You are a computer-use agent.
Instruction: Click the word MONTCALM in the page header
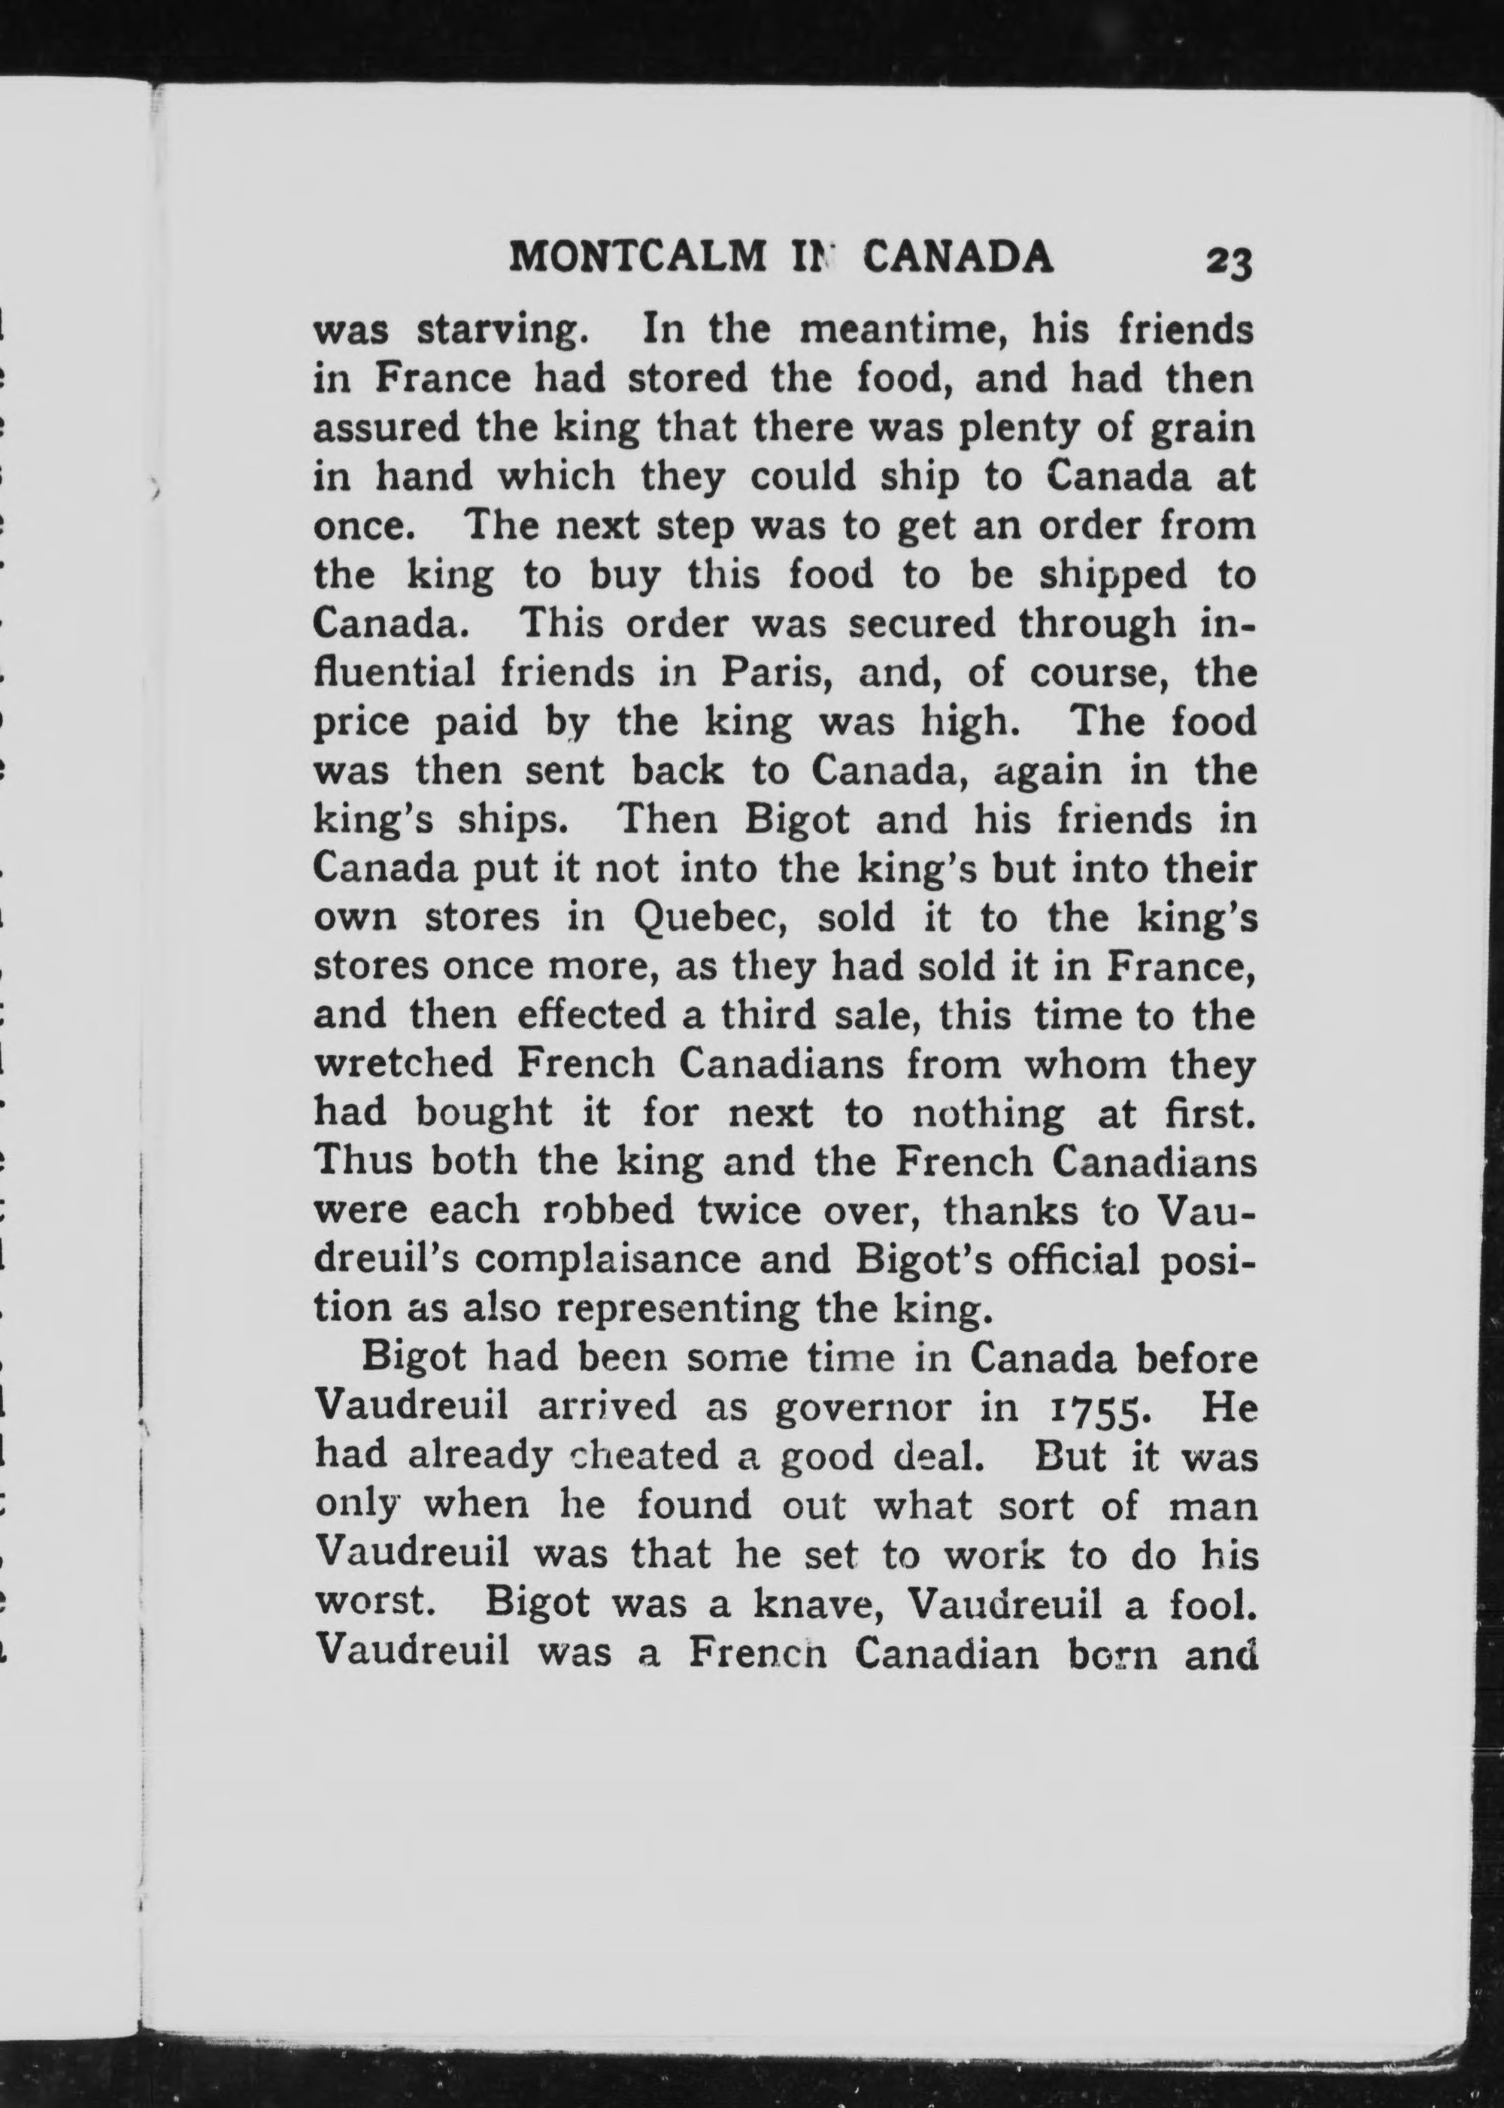pos(639,257)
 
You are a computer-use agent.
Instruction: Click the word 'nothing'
pos(988,1112)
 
